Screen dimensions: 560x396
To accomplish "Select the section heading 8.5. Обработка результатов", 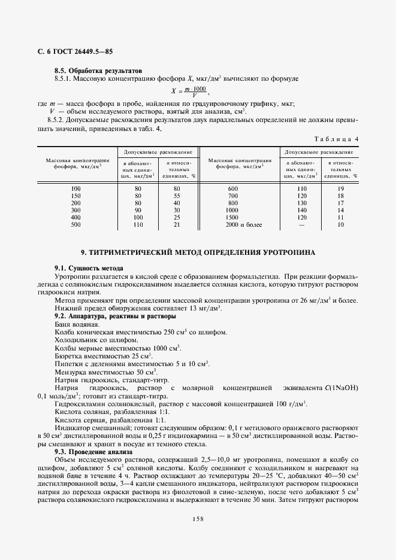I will [98, 70].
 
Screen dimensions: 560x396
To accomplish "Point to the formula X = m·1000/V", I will [190, 91].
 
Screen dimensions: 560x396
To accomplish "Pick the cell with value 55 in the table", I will [177, 196].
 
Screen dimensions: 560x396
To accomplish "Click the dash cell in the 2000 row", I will [301, 225].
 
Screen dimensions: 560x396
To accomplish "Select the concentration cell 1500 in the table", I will [232, 218].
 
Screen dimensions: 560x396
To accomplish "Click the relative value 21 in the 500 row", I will [177, 225].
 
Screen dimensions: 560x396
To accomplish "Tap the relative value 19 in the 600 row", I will [340, 189].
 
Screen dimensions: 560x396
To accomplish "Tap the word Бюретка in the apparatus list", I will [69, 355].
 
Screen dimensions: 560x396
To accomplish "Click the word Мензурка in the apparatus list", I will [71, 372].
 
